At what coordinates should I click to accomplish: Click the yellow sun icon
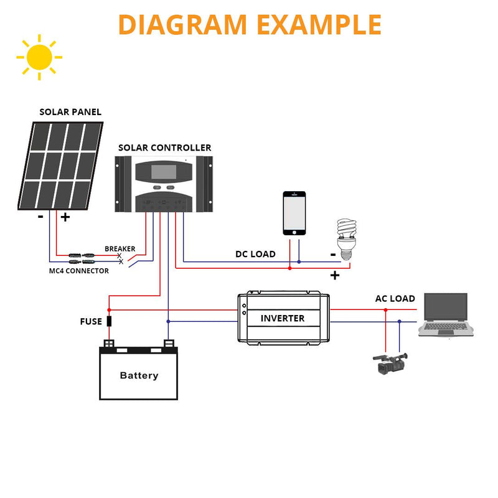tap(39, 57)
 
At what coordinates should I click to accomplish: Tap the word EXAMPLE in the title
tap(319, 24)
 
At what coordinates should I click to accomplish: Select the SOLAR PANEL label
tap(70, 112)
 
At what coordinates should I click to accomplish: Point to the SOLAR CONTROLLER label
tap(164, 148)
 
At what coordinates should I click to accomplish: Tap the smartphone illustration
tap(294, 213)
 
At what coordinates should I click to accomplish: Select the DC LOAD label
tap(255, 254)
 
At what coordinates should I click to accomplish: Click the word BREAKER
tap(120, 249)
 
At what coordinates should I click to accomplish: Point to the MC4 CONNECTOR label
tap(79, 271)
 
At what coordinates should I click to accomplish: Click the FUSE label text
tap(91, 322)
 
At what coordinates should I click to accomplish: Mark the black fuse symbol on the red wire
tap(110, 321)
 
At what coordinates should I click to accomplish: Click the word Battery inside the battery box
tap(139, 375)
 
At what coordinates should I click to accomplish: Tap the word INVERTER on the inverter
tap(283, 318)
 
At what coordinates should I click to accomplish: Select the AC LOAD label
tap(395, 299)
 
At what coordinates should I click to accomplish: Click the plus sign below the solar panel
tap(65, 217)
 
